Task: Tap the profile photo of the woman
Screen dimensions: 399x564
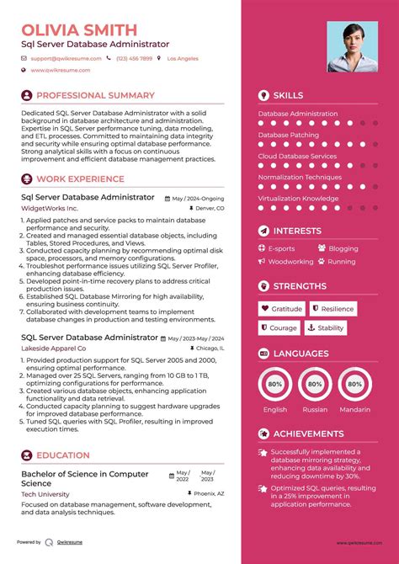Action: (x=352, y=46)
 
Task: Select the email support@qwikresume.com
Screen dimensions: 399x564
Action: (x=66, y=59)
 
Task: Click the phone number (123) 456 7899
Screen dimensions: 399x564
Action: (x=134, y=59)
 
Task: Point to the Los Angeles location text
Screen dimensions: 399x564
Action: (x=183, y=59)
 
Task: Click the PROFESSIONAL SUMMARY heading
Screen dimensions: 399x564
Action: (x=95, y=96)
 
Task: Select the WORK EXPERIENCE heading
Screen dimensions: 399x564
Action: (x=80, y=178)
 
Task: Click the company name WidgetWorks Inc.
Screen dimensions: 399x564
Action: (x=50, y=208)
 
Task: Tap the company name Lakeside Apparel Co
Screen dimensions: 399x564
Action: (x=54, y=348)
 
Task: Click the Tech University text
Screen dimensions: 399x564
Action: (x=45, y=495)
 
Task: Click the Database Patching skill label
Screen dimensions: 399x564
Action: (x=288, y=135)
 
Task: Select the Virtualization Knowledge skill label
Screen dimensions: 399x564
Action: (x=298, y=199)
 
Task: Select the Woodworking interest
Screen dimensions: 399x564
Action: (x=290, y=262)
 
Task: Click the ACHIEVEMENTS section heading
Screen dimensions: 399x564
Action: (x=309, y=434)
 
